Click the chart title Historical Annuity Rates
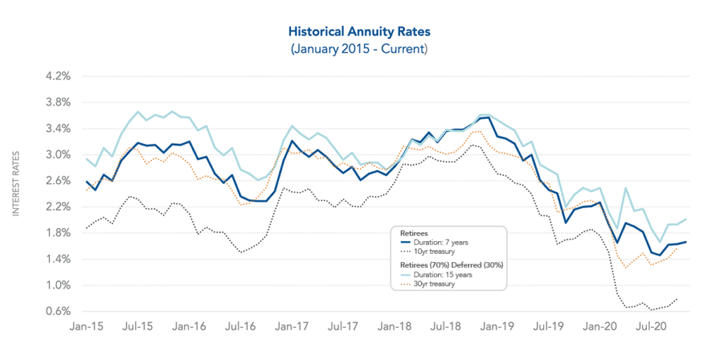pos(359,32)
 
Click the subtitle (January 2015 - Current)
pos(359,49)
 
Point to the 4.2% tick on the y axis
pos(56,76)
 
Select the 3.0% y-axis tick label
pos(56,155)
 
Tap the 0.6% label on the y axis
pos(56,311)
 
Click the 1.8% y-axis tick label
pos(56,233)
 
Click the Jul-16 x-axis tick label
pos(241,327)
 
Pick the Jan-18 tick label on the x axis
pos(396,327)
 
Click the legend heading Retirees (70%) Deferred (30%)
pos(448,265)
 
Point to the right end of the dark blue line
pos(686,242)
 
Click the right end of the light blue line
pos(686,219)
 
